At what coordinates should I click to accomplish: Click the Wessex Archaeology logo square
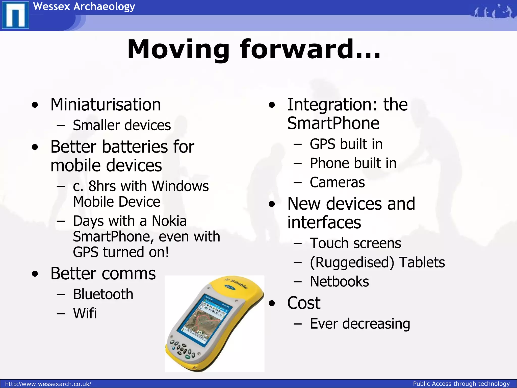click(15, 15)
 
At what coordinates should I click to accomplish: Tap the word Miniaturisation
click(106, 105)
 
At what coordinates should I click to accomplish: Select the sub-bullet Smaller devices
click(122, 125)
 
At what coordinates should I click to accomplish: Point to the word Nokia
click(169, 221)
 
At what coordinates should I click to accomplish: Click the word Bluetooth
click(103, 294)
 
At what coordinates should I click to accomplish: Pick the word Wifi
click(85, 313)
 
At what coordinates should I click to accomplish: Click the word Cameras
click(337, 182)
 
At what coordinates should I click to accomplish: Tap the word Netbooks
click(339, 282)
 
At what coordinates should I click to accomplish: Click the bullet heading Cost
click(304, 303)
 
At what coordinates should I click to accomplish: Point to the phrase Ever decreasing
click(360, 324)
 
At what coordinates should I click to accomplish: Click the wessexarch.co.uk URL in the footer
click(48, 384)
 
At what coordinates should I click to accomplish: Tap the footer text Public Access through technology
click(461, 384)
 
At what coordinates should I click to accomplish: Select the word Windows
click(180, 186)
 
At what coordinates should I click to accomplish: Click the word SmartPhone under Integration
click(333, 124)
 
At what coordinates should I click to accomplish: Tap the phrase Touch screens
click(355, 243)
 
